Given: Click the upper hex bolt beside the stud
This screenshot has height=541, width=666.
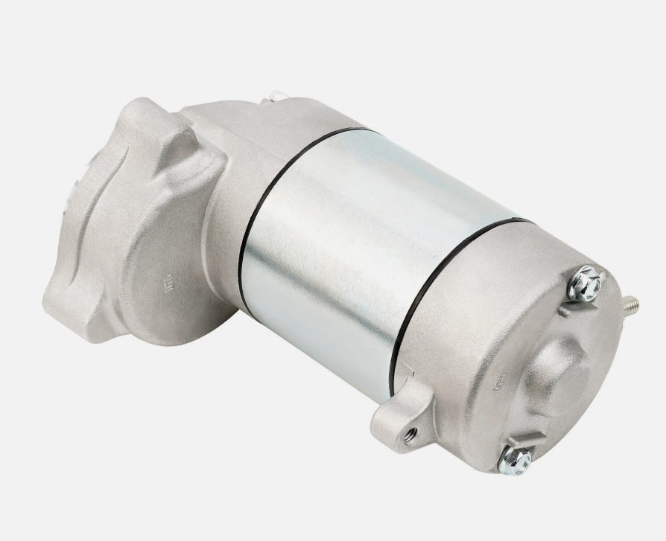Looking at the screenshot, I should (x=584, y=284).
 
